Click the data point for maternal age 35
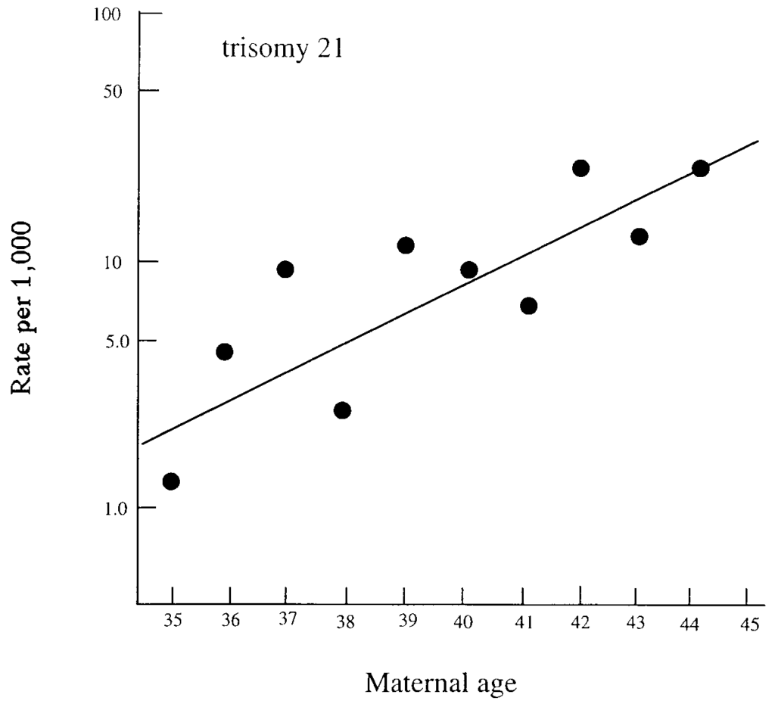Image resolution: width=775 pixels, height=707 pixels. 171,481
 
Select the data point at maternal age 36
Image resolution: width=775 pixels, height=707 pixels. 224,351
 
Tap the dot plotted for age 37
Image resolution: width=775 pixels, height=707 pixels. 285,269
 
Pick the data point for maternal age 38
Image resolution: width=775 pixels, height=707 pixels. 342,410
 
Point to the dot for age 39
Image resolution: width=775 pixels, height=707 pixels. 406,245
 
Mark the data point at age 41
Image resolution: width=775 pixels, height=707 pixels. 529,305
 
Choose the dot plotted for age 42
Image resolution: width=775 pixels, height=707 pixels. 581,168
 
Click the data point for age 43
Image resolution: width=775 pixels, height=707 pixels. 640,236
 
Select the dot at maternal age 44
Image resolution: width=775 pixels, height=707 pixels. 701,168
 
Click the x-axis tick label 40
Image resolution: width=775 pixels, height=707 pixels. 463,622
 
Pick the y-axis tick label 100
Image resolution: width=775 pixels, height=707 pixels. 107,15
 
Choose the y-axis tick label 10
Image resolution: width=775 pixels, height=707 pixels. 112,261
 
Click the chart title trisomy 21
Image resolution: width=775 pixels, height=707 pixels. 283,50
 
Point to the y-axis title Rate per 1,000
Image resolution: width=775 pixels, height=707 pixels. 21,307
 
